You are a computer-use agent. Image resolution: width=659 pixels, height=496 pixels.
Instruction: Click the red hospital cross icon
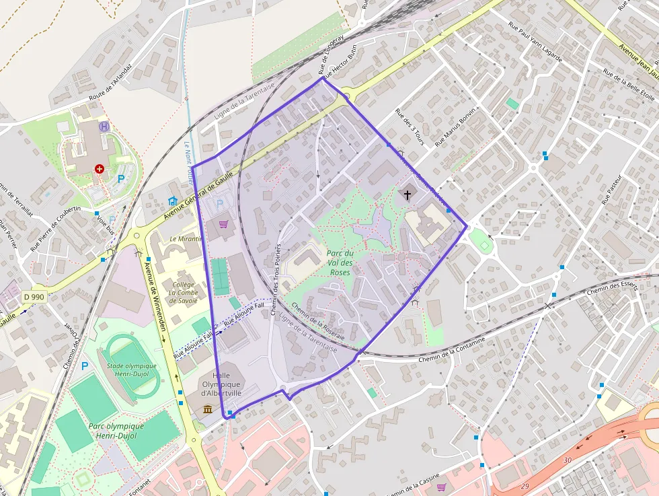pos(100,169)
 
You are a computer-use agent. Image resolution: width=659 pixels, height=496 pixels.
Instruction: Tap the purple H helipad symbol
pos(104,126)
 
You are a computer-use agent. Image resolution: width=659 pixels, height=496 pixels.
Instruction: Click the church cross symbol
pos(407,195)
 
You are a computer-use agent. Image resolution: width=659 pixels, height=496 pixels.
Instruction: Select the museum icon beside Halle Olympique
pos(208,409)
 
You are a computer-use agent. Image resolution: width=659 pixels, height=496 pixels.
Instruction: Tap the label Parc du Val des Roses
pos(340,263)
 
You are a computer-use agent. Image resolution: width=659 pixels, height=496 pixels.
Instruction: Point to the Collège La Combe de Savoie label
pos(184,293)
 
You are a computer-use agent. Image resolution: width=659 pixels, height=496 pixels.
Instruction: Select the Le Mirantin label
pos(186,239)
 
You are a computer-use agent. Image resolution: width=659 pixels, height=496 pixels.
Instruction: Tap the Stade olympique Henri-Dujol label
pos(132,370)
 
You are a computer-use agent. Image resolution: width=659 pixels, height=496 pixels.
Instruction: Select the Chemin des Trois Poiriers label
pos(276,279)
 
